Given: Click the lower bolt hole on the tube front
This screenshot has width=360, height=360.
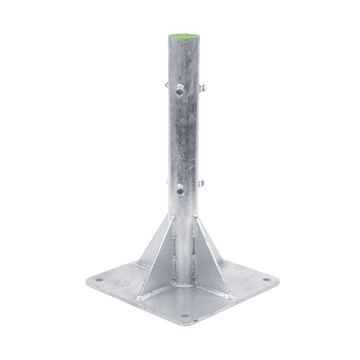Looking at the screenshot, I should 180,190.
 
